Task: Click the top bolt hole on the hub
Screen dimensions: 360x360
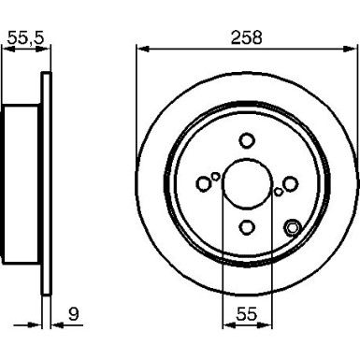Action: [247, 140]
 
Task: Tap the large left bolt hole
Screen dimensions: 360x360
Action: [204, 183]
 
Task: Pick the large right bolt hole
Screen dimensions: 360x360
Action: [290, 183]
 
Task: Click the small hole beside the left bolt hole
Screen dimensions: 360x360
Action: [216, 175]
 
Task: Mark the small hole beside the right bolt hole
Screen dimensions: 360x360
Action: [278, 191]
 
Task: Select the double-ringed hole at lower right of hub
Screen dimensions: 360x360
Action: [293, 226]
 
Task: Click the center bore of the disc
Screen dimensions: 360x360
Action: [247, 183]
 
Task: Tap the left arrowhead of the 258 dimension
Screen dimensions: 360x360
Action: [142, 48]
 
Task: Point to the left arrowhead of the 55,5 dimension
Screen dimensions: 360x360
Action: [7, 48]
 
